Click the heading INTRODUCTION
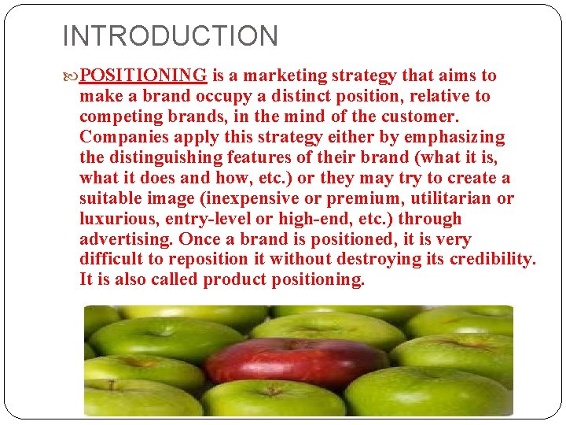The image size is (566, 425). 170,36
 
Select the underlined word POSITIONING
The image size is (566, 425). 143,76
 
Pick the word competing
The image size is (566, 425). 117,116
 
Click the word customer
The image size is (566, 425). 421,116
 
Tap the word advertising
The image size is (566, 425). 127,239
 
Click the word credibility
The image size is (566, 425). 492,260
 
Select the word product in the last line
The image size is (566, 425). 234,280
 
